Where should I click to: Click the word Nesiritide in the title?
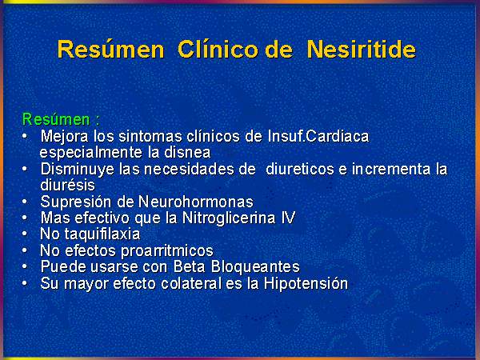[x=362, y=49]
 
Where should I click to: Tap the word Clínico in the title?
[x=218, y=49]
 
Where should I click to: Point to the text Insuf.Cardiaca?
[x=318, y=136]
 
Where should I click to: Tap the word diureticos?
[x=300, y=169]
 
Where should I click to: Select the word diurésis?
[x=68, y=185]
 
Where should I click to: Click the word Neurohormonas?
[x=196, y=202]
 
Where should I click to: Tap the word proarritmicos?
[x=167, y=250]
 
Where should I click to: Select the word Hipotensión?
[x=306, y=283]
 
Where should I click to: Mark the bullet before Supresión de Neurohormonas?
[x=25, y=202]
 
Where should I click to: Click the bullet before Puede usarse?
[x=25, y=266]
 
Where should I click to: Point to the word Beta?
[x=189, y=266]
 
